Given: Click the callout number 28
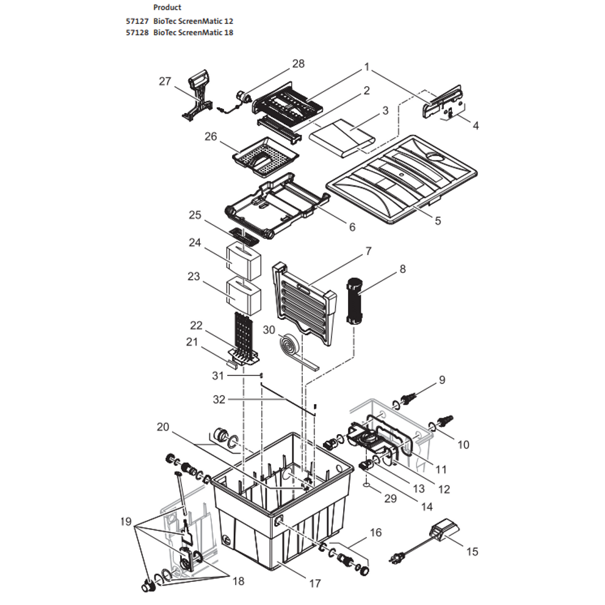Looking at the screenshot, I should [298, 63].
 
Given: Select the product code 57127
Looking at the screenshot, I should [136, 20].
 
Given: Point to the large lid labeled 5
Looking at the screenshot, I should [403, 177].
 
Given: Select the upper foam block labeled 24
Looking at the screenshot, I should [244, 259].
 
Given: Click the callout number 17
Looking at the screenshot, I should [314, 583].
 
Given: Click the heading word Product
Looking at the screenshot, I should [167, 7].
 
